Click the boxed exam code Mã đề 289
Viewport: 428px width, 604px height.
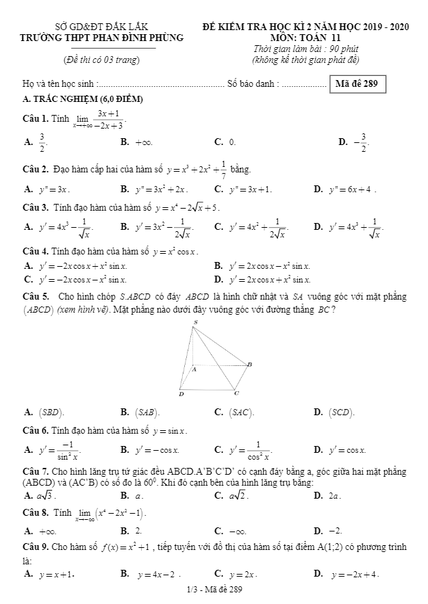357,85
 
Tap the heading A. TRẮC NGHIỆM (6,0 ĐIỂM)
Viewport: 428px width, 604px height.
83,100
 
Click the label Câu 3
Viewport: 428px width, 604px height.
35,207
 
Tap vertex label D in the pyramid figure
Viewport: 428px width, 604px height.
181,394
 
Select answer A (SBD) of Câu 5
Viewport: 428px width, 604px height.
45,412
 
